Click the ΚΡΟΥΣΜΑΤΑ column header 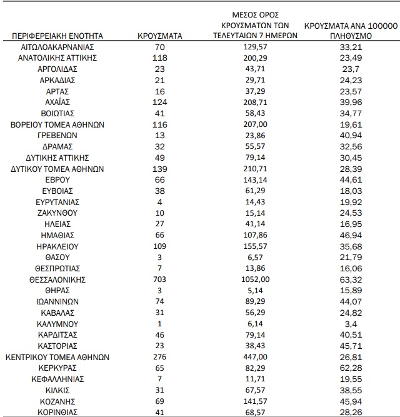point(159,36)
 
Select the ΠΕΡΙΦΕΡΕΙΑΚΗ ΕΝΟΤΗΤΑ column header point(57,36)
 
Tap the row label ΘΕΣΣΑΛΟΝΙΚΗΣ point(57,279)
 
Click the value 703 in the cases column point(159,279)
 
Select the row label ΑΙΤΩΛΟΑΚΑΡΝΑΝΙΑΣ point(57,46)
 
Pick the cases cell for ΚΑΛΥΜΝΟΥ point(159,324)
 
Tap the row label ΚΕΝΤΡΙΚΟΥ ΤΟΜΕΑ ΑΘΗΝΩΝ point(57,358)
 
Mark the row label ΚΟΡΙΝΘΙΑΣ point(57,413)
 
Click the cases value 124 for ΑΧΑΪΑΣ point(159,102)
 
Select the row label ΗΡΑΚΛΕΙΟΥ point(57,246)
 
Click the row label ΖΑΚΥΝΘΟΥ point(57,213)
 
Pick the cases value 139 point(159,169)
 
